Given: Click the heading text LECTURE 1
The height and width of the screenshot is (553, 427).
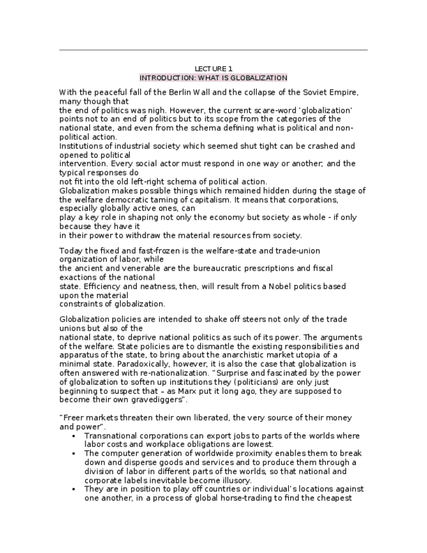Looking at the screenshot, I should pyautogui.click(x=213, y=68).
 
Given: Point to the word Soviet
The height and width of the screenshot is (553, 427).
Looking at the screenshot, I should pyautogui.click(x=310, y=93).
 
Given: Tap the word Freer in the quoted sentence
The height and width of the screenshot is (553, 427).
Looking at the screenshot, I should pyautogui.click(x=73, y=417).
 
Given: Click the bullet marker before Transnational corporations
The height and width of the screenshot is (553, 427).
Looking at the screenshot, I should pyautogui.click(x=75, y=436).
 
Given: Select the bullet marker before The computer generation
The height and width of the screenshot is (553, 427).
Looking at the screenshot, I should pyautogui.click(x=75, y=453).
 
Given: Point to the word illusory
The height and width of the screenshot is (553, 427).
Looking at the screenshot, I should pyautogui.click(x=233, y=480).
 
